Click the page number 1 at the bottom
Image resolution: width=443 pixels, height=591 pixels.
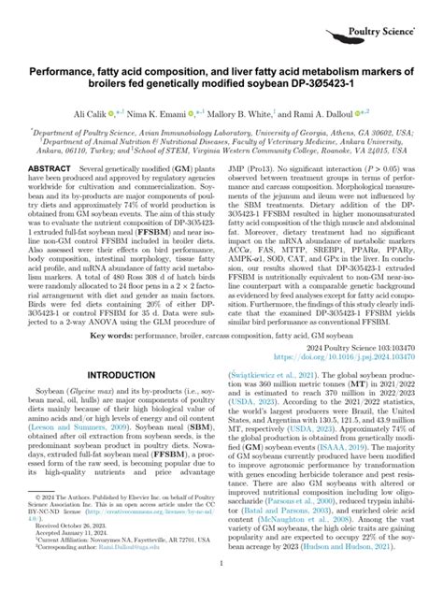pos(221,563)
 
